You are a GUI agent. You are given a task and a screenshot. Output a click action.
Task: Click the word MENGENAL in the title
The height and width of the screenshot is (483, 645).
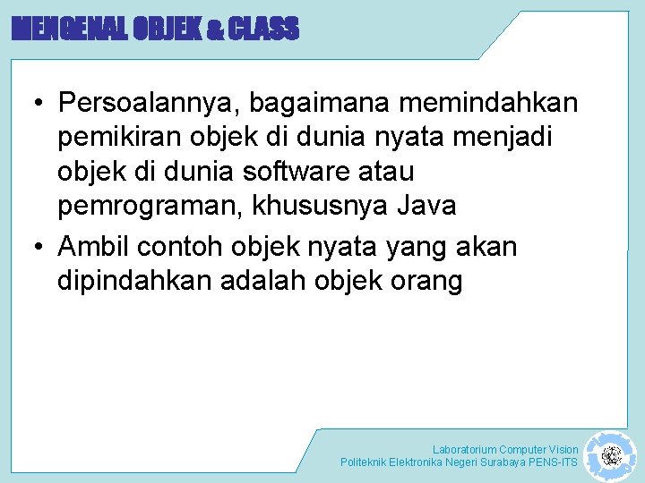pyautogui.click(x=68, y=30)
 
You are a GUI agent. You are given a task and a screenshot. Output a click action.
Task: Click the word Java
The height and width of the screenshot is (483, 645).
pyautogui.click(x=425, y=206)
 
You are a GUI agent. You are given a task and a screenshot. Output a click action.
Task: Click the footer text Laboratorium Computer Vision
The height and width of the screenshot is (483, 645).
pyautogui.click(x=505, y=449)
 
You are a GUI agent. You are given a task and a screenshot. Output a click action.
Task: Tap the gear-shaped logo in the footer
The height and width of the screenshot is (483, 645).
pyautogui.click(x=611, y=456)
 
